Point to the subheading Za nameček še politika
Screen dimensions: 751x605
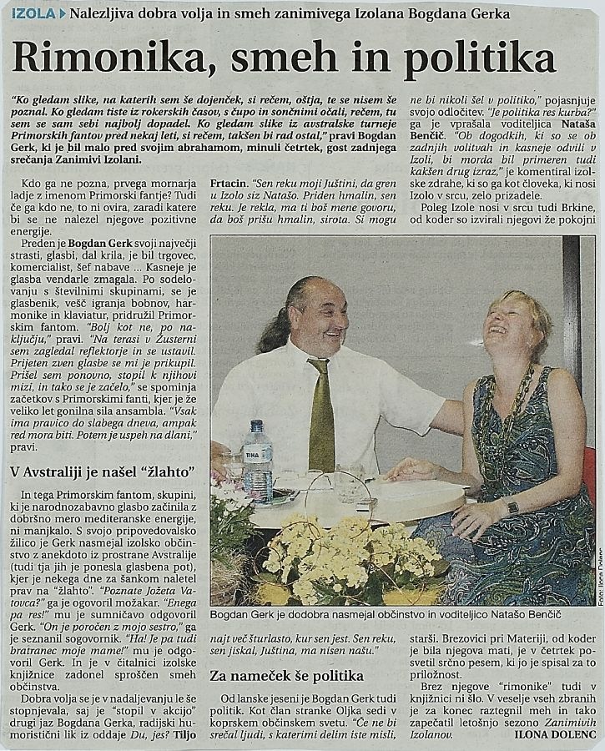tap(286, 675)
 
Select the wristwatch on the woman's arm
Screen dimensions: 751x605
tap(512, 507)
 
